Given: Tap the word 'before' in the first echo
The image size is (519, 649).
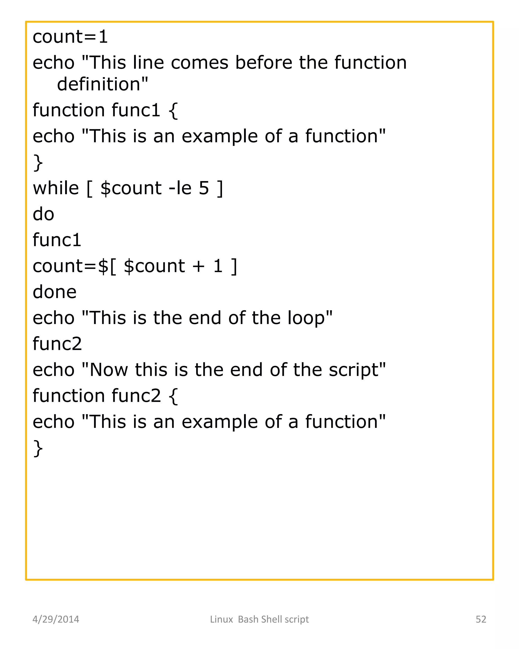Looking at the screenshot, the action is [264, 63].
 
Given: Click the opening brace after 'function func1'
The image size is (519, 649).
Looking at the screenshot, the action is [173, 111].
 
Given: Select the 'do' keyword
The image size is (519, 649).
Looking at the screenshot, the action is [43, 214].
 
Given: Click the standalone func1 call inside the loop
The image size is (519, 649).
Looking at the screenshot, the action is [57, 240].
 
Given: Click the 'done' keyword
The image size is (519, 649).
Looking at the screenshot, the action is [54, 292].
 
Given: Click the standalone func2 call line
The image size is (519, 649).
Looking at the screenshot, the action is [57, 344].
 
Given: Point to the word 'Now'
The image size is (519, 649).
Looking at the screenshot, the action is [109, 370].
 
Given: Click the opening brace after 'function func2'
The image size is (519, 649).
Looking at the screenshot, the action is [173, 396].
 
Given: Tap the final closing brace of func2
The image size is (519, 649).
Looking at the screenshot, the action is [38, 448].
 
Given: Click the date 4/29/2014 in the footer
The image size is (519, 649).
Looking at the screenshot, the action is [56, 619].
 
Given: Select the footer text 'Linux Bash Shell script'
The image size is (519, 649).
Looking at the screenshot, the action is [259, 619].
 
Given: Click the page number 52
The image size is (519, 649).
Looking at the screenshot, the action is [481, 619].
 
